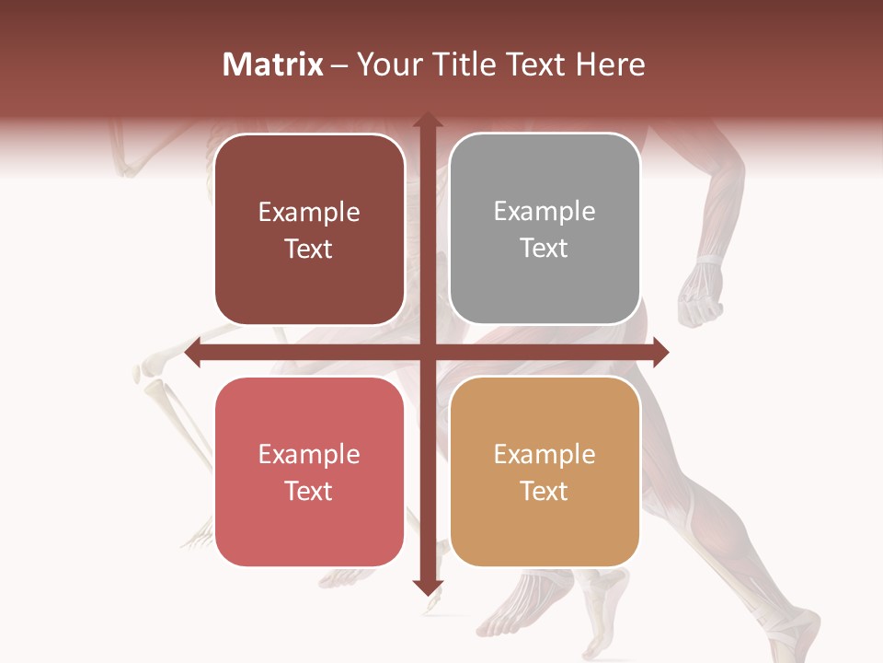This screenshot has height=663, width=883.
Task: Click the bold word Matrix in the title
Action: (x=273, y=64)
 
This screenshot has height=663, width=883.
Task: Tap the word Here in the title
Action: (x=611, y=64)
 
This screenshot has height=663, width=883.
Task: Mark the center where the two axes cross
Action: (x=427, y=353)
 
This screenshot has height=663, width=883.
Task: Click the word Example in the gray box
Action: (x=545, y=212)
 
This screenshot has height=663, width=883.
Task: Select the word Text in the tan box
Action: (x=545, y=492)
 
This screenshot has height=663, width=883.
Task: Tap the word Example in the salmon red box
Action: (x=309, y=455)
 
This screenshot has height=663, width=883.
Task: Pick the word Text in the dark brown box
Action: (x=309, y=250)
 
